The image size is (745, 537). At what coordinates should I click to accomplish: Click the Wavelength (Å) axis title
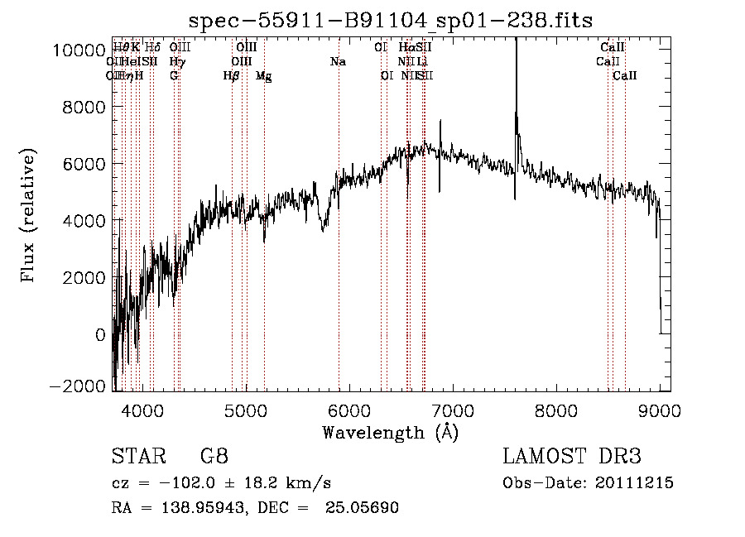390,431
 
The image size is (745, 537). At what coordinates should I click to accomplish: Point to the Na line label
338,62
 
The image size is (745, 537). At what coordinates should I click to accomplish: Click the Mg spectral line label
263,76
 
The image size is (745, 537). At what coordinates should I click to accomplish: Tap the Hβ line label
232,76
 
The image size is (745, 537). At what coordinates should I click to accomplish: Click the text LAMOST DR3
572,457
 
